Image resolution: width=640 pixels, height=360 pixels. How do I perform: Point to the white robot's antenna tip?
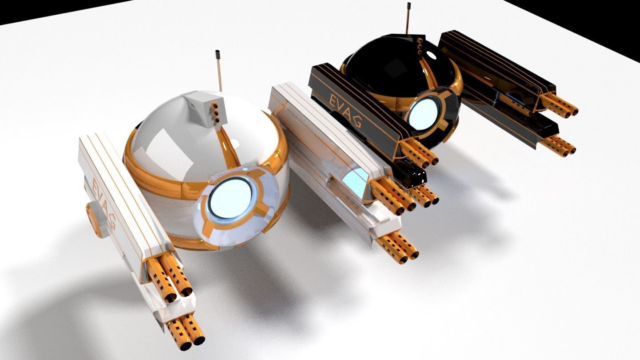coord(218,55)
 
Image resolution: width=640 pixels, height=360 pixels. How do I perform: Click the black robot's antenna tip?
coord(408,7)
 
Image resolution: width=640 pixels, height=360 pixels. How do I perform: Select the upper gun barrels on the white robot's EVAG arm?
coord(171,278)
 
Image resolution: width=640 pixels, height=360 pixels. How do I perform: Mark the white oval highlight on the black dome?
coord(431,55)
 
